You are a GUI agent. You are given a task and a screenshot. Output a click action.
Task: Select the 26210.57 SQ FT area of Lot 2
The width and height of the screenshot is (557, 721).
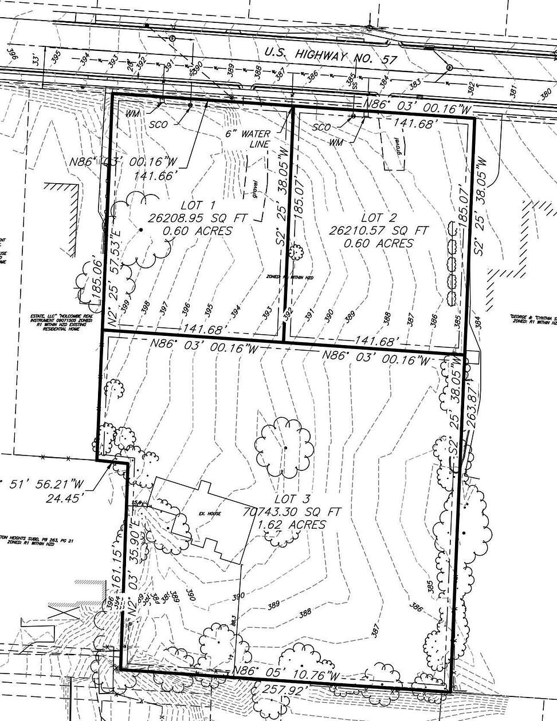coord(379,231)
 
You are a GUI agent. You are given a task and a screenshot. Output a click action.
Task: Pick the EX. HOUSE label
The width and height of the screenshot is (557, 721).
coord(209,513)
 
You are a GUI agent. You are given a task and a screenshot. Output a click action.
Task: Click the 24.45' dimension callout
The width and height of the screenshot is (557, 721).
coord(59,497)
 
